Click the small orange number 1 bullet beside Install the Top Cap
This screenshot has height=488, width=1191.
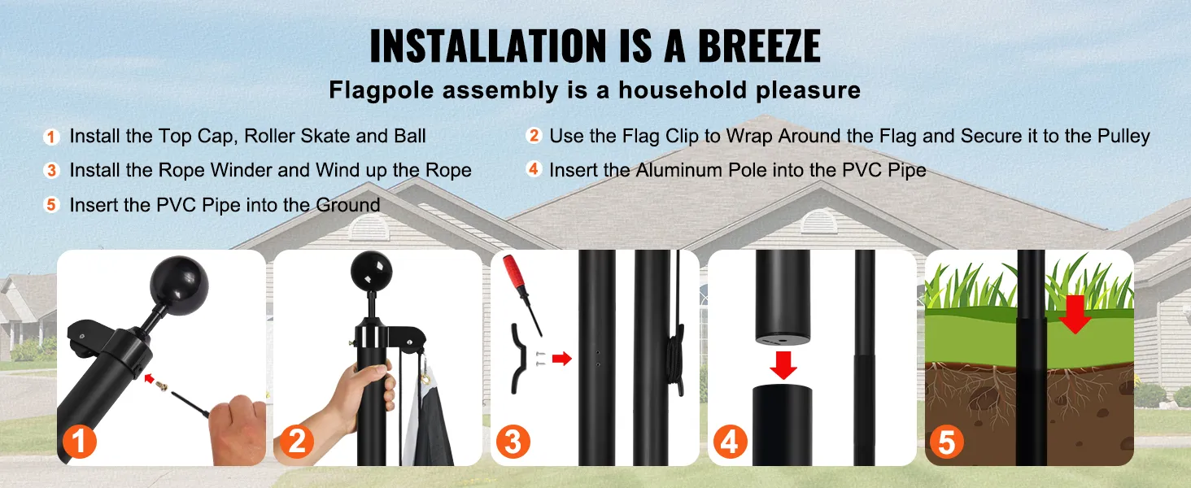[51, 137]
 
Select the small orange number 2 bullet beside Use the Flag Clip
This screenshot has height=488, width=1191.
[534, 136]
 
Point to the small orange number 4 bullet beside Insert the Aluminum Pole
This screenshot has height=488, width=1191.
[534, 169]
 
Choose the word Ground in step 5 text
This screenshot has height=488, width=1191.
[347, 205]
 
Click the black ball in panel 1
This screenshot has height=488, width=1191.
[179, 283]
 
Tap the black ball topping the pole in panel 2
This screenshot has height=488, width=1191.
[372, 272]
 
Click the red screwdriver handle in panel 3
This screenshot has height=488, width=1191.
[513, 272]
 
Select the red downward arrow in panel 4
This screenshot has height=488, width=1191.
[783, 364]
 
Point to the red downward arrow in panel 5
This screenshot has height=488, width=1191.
[1075, 314]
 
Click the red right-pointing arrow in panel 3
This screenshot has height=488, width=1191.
[561, 359]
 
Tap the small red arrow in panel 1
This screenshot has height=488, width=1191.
[150, 378]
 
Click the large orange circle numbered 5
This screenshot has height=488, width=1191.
[946, 441]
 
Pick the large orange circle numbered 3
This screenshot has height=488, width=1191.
[513, 441]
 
